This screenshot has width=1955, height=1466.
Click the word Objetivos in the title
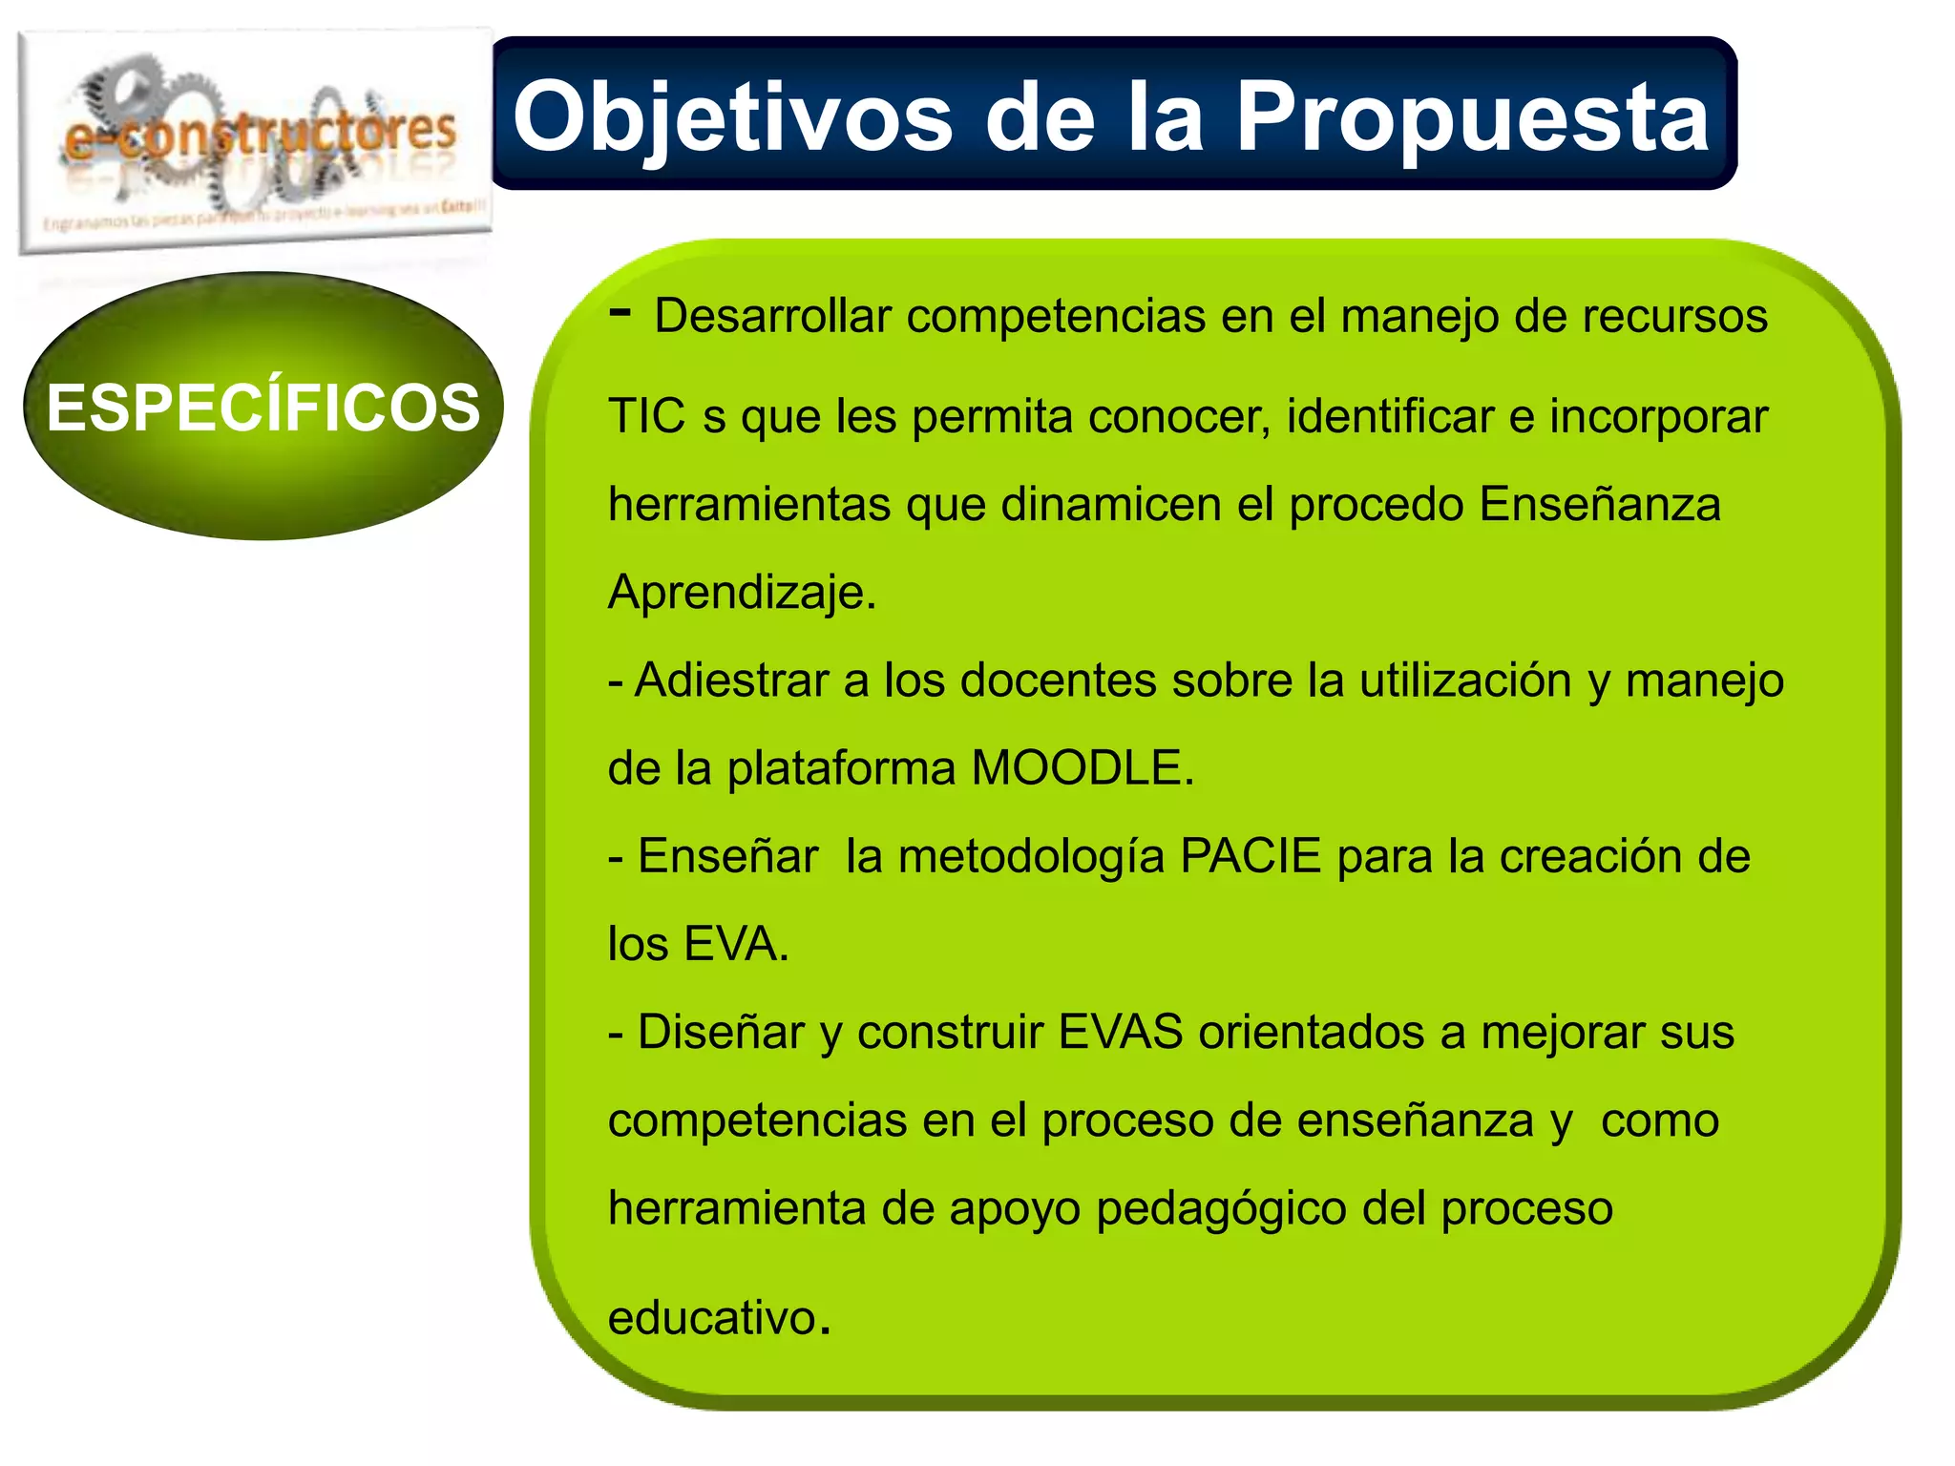pyautogui.click(x=732, y=116)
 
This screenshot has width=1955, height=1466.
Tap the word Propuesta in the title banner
pyautogui.click(x=1472, y=116)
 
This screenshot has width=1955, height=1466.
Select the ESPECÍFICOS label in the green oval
pyautogui.click(x=263, y=408)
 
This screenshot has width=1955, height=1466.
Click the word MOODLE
pyautogui.click(x=1082, y=768)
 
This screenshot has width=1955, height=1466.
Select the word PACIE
pyautogui.click(x=1251, y=856)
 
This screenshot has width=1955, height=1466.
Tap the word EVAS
pyautogui.click(x=1121, y=1032)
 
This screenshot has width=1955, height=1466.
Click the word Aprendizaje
pyautogui.click(x=742, y=593)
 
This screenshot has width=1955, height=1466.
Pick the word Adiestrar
pyautogui.click(x=732, y=681)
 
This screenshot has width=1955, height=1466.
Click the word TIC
pyautogui.click(x=646, y=417)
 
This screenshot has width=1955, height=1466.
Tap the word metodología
pyautogui.click(x=1031, y=856)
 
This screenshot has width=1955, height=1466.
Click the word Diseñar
pyautogui.click(x=721, y=1032)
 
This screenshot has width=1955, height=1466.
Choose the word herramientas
pyautogui.click(x=749, y=505)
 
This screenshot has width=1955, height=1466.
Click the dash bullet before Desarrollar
pyautogui.click(x=620, y=311)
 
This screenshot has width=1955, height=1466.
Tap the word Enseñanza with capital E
pyautogui.click(x=1600, y=505)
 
